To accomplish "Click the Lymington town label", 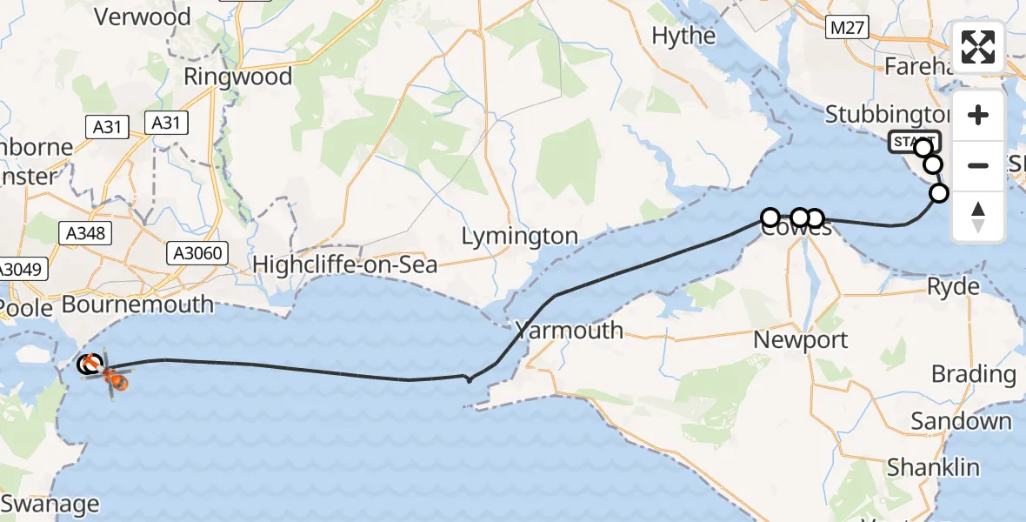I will click(x=519, y=236).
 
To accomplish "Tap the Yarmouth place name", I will click(x=569, y=330).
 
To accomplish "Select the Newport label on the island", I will click(x=800, y=339).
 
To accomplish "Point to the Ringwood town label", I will click(x=237, y=77).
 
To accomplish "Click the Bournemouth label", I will click(x=137, y=304).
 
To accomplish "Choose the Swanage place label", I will click(x=50, y=504).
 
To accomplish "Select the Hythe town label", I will click(x=683, y=36).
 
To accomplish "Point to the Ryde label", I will click(x=953, y=286).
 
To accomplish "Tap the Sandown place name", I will click(x=961, y=422).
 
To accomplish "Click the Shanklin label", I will click(x=933, y=467).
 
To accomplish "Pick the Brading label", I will click(x=973, y=375).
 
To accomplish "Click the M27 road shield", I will click(x=847, y=29).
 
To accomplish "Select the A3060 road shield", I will click(x=196, y=253).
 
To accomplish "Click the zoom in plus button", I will click(x=978, y=116).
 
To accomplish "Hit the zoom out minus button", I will click(x=978, y=165).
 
